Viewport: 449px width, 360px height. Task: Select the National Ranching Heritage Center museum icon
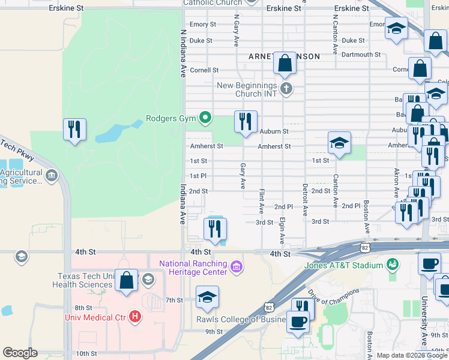pyautogui.click(x=237, y=266)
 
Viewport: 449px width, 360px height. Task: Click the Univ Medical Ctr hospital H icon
pyautogui.click(x=135, y=316)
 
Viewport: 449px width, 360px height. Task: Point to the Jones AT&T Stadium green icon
pyautogui.click(x=393, y=265)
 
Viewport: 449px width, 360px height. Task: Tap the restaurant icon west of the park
pyautogui.click(x=74, y=130)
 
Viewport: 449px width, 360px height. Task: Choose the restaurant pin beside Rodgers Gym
pyautogui.click(x=245, y=122)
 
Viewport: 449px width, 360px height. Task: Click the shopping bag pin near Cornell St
pyautogui.click(x=285, y=63)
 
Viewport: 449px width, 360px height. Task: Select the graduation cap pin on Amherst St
pyautogui.click(x=339, y=143)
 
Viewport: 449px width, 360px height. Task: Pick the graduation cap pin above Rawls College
pyautogui.click(x=208, y=297)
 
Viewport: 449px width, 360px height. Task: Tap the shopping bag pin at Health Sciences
pyautogui.click(x=126, y=280)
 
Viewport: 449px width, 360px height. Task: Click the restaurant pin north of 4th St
pyautogui.click(x=214, y=229)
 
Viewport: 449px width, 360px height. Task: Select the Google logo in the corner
pyautogui.click(x=20, y=352)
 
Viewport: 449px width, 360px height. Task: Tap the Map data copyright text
pyautogui.click(x=412, y=355)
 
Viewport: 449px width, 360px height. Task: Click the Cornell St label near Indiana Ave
pyautogui.click(x=203, y=70)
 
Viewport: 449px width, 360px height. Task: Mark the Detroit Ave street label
pyautogui.click(x=305, y=200)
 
